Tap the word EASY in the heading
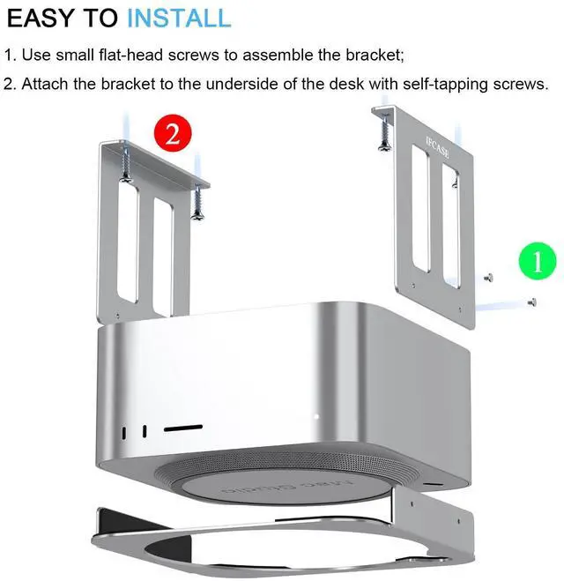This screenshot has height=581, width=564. point(41,18)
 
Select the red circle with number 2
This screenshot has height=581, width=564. point(173,134)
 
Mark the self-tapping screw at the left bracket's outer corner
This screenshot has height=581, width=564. point(125,166)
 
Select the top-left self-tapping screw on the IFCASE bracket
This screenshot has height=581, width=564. point(384,132)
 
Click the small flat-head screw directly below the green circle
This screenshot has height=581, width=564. point(531,302)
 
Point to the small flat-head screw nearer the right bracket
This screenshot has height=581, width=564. point(488,278)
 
